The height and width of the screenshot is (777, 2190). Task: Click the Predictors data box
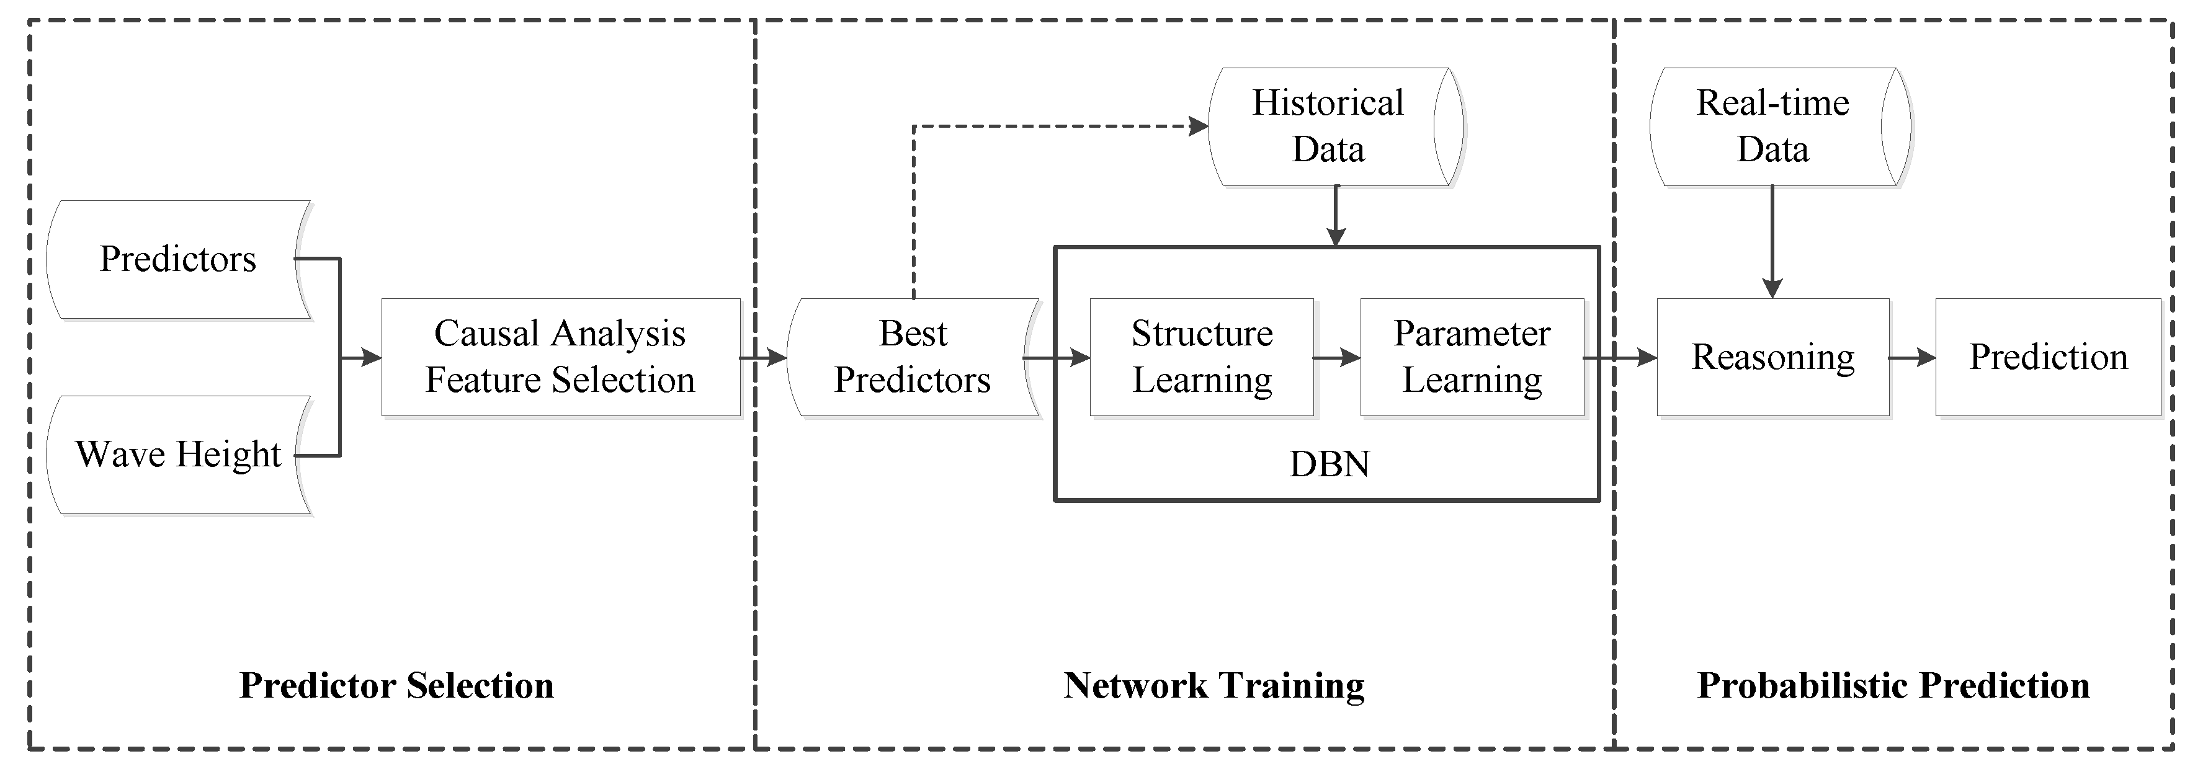point(177,259)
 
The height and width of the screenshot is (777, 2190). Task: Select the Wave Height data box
point(177,455)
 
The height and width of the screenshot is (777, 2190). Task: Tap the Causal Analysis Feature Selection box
point(560,357)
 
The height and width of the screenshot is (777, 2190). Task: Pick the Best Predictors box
point(912,357)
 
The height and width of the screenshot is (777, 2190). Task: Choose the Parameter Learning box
point(1472,357)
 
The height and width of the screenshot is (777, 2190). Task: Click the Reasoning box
point(1772,357)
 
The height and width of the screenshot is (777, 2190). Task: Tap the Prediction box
point(2048,357)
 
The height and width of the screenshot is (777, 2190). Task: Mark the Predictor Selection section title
point(396,685)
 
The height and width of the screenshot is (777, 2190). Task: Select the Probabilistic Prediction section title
point(1893,685)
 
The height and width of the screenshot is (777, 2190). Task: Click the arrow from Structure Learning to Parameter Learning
point(1338,358)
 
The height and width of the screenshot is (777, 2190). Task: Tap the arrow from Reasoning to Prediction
point(1912,358)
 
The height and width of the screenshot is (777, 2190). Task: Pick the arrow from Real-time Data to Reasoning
point(1772,242)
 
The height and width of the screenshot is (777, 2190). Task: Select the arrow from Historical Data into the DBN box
point(1336,217)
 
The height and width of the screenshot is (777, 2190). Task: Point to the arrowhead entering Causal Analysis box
point(372,358)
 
